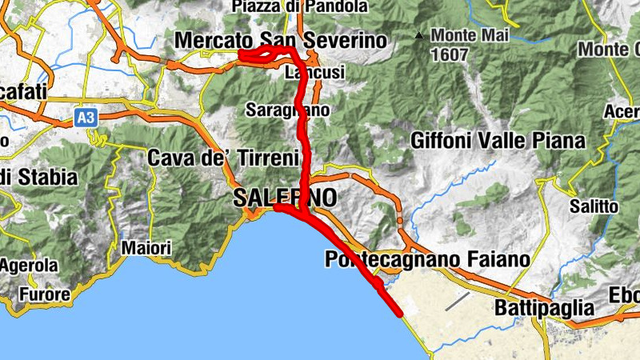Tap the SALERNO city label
(286, 198)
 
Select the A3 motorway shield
(86, 118)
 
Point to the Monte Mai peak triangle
(418, 35)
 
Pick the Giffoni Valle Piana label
(498, 141)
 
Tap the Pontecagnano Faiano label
(427, 259)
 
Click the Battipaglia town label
(544, 308)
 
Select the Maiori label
(146, 249)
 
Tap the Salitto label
(594, 206)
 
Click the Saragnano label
(288, 110)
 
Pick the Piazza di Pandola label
(299, 7)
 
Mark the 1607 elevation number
(448, 54)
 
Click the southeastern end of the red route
(398, 314)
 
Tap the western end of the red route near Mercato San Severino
(242, 54)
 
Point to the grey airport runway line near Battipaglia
(458, 301)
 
